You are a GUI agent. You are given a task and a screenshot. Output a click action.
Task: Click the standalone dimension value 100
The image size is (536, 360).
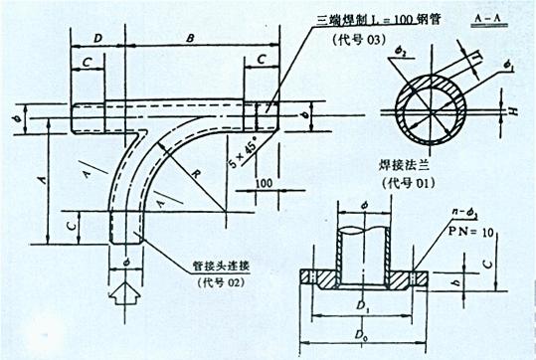pos(263,184)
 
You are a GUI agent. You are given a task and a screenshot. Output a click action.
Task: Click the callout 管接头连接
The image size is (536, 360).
pos(223,268)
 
